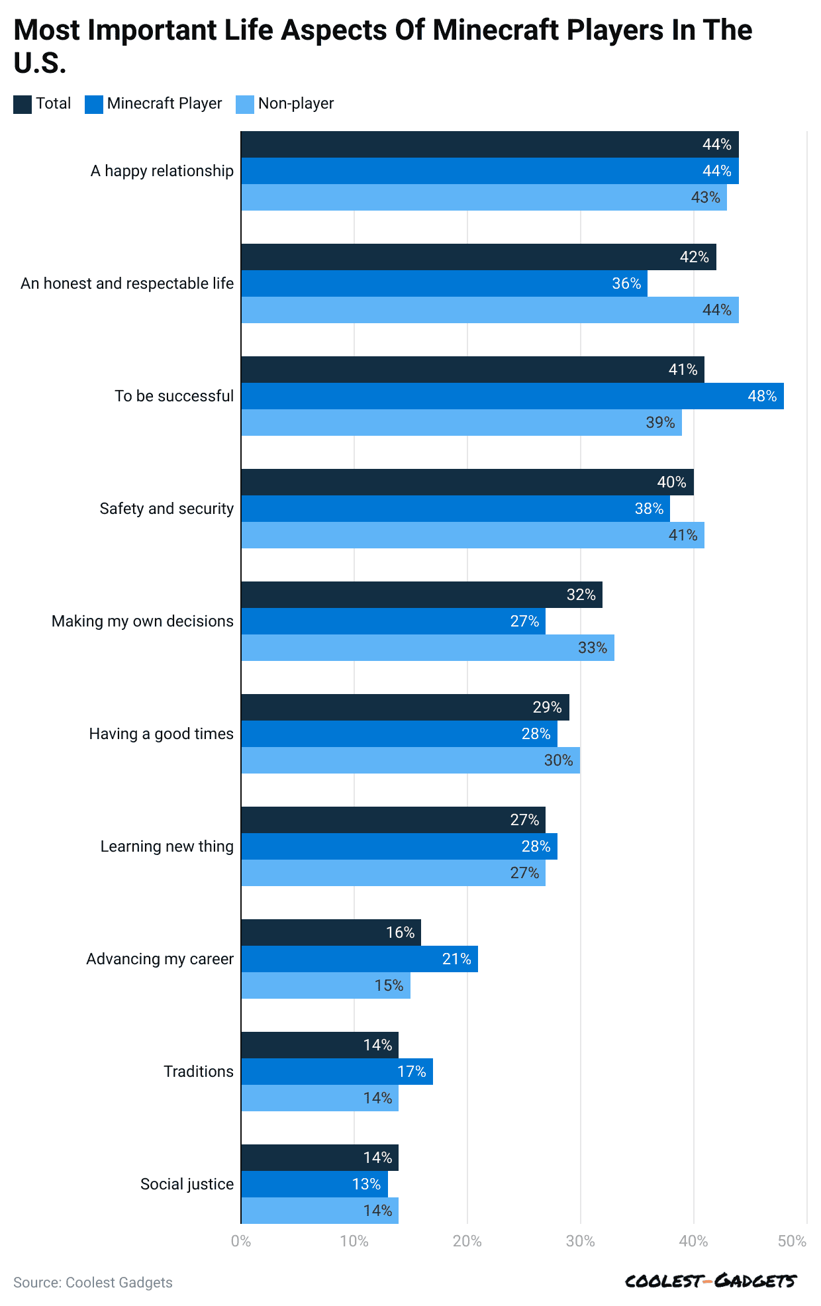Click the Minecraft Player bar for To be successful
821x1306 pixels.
512,396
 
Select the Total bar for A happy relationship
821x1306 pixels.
489,144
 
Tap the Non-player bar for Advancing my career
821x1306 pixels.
325,985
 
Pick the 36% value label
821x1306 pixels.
626,283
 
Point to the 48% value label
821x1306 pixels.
762,396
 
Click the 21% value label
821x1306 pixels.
457,959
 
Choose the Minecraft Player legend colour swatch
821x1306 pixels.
94,105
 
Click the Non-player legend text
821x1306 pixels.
296,104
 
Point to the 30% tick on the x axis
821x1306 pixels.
581,1241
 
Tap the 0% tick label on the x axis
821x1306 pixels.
241,1241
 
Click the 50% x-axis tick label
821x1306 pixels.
793,1241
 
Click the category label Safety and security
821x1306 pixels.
167,509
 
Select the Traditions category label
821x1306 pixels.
199,1072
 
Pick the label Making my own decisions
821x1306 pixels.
142,621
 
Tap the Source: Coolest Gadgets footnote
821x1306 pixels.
93,1282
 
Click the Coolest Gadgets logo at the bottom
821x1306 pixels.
711,1281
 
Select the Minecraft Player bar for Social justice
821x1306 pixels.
314,1184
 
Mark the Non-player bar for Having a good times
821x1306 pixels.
410,760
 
